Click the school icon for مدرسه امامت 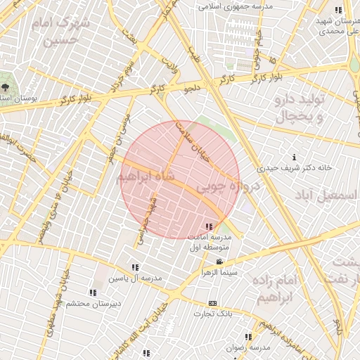(x=209, y=226)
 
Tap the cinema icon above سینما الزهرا (x=220, y=262)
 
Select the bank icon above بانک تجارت (x=213, y=303)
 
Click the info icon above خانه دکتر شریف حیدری (x=294, y=157)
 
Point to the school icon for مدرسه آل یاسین (x=135, y=267)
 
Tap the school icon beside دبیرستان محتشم (x=92, y=292)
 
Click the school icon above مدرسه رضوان (x=247, y=336)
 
